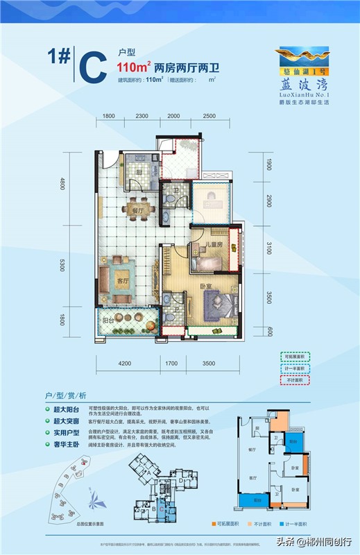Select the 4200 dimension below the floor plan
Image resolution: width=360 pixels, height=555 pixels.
(126, 361)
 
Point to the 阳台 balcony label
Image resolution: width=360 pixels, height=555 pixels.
(109, 320)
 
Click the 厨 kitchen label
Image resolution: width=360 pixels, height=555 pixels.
(138, 172)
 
